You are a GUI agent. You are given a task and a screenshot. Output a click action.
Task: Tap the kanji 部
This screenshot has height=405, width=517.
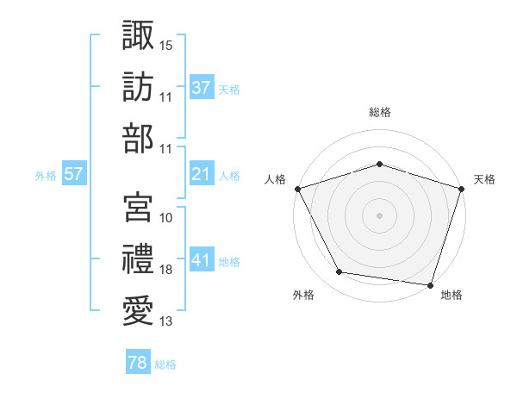coord(138,138)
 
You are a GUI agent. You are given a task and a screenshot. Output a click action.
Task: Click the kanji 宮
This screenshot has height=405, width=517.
coord(138,206)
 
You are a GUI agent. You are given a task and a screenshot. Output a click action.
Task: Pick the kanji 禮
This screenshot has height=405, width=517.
coord(138,258)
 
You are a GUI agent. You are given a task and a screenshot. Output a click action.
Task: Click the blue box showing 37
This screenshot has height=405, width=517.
coord(202,87)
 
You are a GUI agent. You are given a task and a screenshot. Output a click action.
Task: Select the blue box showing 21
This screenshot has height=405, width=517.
coord(202,174)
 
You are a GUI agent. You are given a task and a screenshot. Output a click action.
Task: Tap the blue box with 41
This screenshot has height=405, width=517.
coord(202,260)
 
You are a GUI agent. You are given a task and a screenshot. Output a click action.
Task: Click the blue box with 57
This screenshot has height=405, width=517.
coord(73,174)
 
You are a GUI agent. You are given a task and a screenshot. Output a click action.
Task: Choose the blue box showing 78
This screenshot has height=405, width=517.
coord(137,363)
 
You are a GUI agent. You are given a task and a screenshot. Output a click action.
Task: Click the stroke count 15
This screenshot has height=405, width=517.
coord(166,43)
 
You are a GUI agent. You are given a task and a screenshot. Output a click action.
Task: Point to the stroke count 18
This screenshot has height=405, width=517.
coord(166,270)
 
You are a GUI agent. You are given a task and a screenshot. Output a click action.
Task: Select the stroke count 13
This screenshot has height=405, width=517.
coord(166,321)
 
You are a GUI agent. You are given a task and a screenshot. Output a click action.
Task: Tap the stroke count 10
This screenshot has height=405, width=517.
coord(166,217)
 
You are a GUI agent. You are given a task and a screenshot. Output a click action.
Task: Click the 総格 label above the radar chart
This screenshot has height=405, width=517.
coord(379,112)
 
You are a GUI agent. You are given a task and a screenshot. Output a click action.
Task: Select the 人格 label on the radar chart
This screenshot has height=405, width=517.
coord(275,179)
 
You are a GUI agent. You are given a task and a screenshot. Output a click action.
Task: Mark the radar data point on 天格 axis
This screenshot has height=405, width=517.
coord(461,189)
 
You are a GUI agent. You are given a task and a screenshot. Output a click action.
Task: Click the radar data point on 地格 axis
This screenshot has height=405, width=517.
coord(430,284)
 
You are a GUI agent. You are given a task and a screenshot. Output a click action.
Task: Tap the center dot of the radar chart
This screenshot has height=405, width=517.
coord(379,215)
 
